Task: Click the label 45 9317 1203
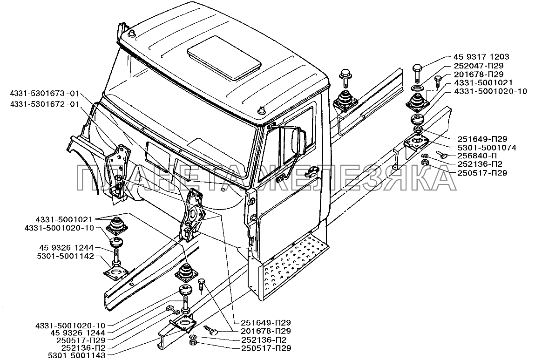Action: point(481,57)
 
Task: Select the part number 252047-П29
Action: point(479,66)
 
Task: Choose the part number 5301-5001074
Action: point(486,148)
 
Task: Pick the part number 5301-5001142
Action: point(64,256)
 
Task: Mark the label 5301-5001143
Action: point(76,355)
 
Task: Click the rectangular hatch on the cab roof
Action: point(224,58)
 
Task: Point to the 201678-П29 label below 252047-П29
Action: point(479,74)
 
